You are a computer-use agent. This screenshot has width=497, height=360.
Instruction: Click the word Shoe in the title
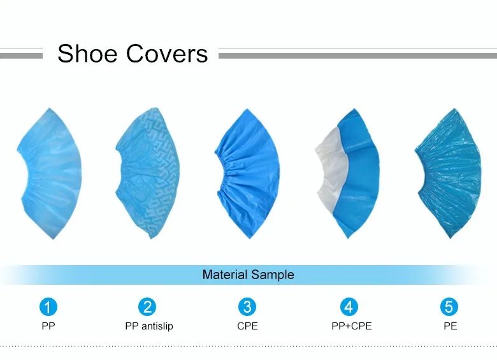click(x=87, y=54)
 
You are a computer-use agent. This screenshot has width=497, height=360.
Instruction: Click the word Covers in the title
click(x=167, y=54)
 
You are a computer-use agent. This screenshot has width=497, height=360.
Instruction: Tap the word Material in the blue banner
click(x=225, y=275)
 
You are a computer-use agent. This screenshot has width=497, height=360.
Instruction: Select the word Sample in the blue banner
click(x=272, y=275)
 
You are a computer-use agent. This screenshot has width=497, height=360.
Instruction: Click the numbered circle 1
click(x=48, y=306)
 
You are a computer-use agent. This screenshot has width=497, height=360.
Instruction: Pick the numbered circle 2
click(x=147, y=306)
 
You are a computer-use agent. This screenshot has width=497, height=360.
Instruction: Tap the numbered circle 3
click(x=247, y=306)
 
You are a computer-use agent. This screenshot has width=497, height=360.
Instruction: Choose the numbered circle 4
click(x=349, y=306)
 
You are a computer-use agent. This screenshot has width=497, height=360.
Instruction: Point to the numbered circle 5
click(x=449, y=306)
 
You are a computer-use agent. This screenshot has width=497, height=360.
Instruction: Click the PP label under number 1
click(x=48, y=326)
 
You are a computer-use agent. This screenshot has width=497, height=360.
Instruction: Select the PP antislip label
click(x=149, y=326)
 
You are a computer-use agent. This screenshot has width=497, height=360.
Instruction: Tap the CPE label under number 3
click(x=248, y=326)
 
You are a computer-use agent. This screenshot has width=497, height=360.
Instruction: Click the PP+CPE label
click(x=352, y=326)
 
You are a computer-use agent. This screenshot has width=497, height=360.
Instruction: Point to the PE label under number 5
click(x=450, y=326)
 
